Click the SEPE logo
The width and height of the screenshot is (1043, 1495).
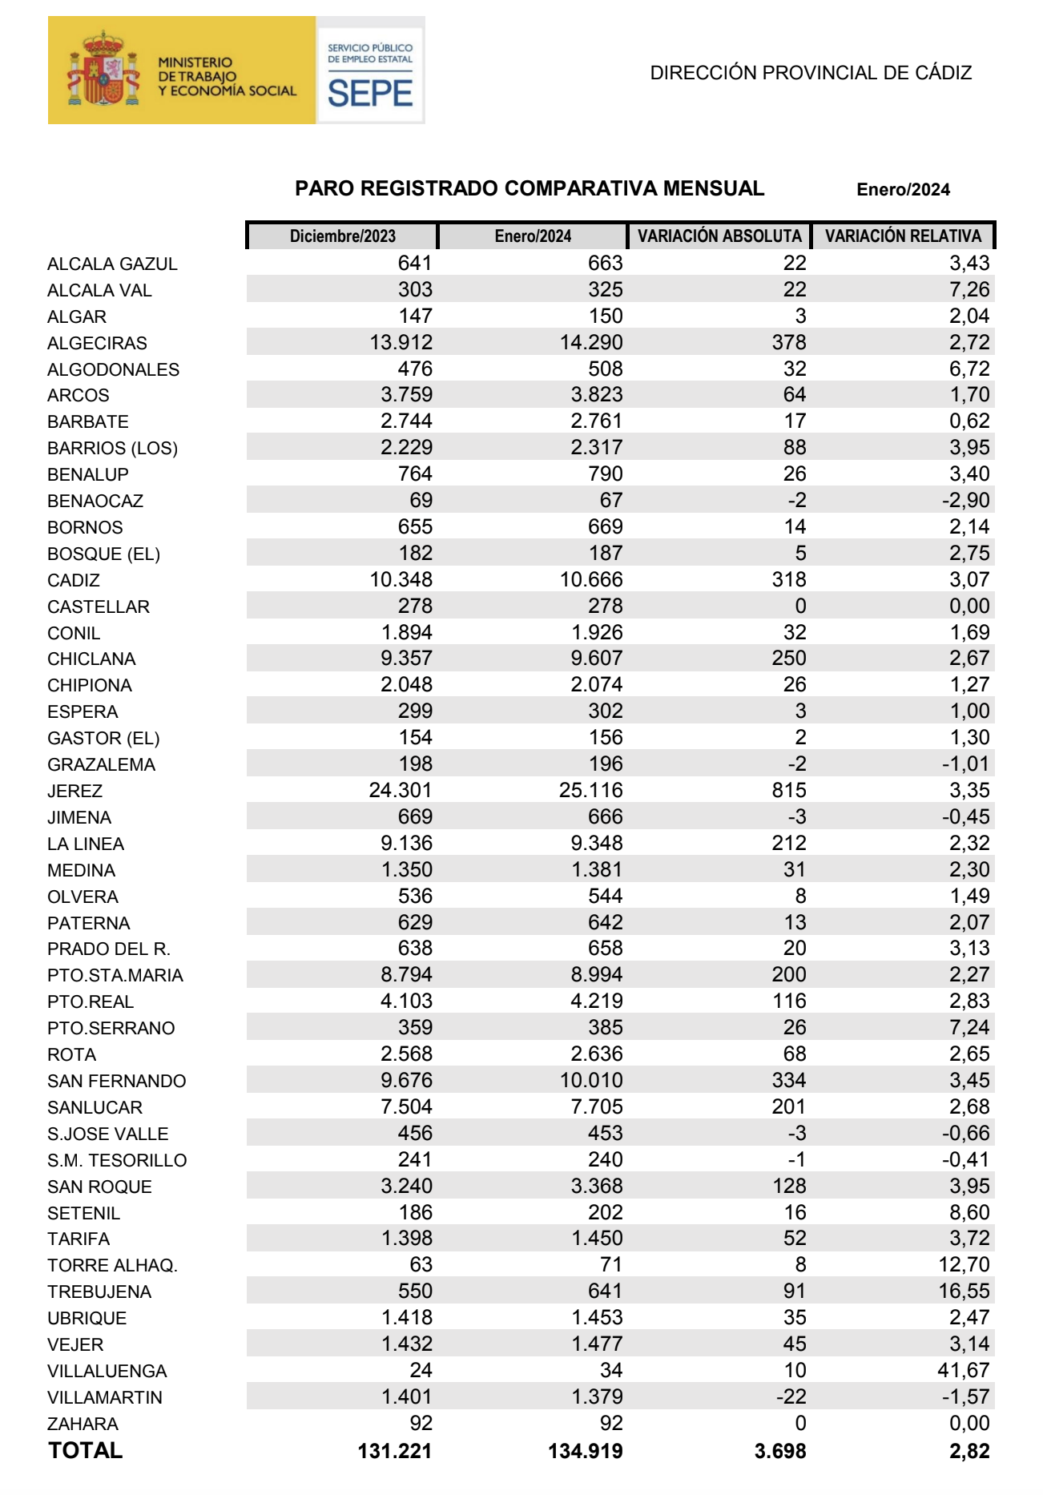370,72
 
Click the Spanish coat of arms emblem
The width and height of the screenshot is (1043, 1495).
103,71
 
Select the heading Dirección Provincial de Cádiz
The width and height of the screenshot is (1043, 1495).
811,73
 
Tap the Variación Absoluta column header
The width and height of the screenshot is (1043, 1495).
719,236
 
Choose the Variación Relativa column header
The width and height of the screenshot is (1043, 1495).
903,236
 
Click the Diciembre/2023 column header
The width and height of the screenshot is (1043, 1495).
343,236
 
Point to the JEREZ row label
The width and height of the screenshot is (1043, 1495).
75,792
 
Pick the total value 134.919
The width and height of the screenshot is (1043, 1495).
585,1452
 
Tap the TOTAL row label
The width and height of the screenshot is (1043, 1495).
86,1451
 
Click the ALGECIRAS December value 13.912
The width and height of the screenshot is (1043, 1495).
401,343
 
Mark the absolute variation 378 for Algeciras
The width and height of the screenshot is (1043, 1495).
788,343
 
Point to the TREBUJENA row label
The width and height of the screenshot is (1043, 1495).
99,1292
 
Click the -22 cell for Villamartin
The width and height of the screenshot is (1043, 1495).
791,1397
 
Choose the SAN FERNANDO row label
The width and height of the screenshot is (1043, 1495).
117,1082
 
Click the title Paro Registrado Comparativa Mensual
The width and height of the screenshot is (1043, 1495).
530,189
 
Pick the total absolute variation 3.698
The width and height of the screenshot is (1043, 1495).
779,1452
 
